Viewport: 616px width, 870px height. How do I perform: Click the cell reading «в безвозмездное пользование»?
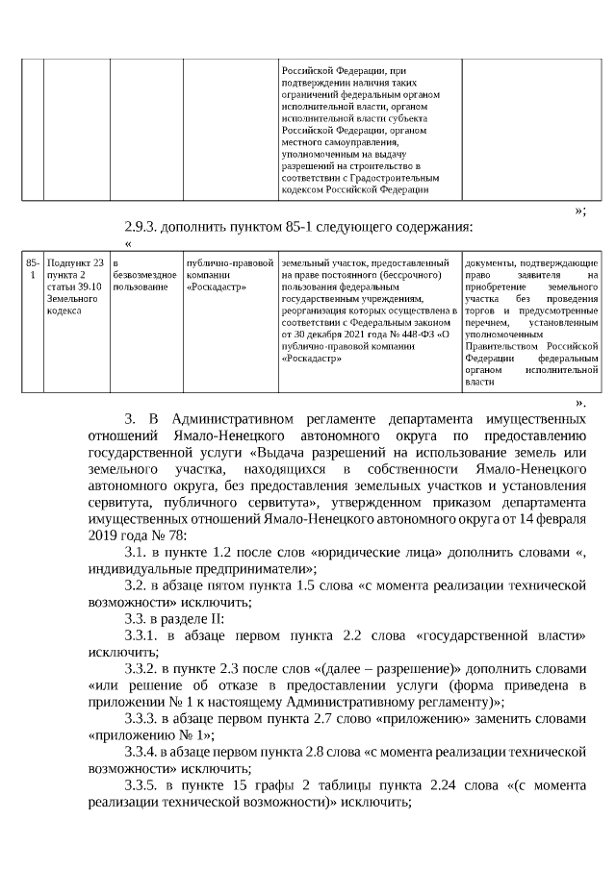coord(143,275)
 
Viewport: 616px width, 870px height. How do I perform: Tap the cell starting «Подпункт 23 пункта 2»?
coord(75,286)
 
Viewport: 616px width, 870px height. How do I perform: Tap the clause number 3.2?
coord(138,585)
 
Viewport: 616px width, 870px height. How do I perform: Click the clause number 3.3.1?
coord(143,635)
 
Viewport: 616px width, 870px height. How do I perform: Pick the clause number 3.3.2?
coord(143,668)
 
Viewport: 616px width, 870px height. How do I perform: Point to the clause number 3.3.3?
coord(143,718)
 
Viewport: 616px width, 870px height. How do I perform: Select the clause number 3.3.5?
coord(143,785)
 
